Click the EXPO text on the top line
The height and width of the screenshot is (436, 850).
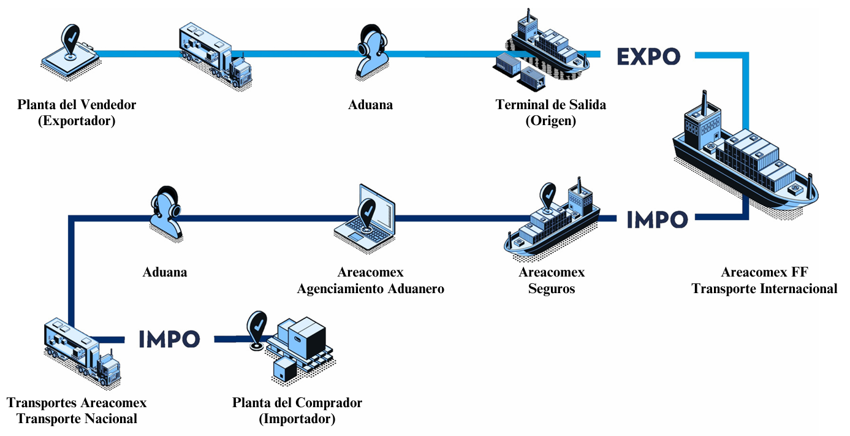[648, 56]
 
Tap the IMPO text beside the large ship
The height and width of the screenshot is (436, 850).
[657, 219]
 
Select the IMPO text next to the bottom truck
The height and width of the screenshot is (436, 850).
[169, 338]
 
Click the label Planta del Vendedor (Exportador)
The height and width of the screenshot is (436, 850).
[77, 112]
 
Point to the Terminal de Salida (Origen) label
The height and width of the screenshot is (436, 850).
[550, 112]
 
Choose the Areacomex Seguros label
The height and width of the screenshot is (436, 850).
[552, 280]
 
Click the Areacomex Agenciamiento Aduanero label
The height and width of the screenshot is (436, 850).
[370, 280]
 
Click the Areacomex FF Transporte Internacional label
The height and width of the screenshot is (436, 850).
[764, 280]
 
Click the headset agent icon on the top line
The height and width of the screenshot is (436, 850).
[373, 52]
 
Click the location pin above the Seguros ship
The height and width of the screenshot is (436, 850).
[548, 195]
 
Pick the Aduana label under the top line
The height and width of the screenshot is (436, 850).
[370, 105]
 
